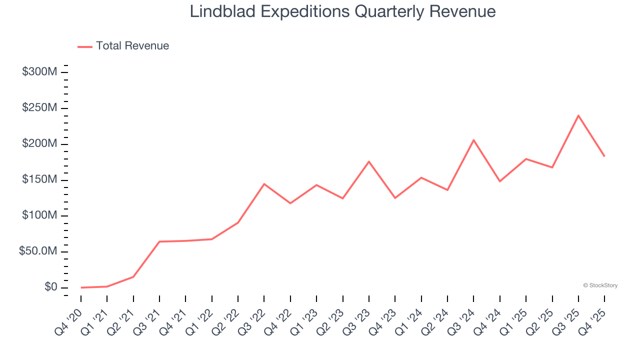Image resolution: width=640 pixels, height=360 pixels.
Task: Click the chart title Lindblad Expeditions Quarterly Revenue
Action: [x=342, y=11]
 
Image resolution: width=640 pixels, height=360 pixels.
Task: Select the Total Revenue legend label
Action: [x=132, y=46]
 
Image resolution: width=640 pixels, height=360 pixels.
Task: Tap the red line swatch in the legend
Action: [x=85, y=46]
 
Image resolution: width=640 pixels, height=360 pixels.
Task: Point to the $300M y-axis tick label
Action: [x=39, y=72]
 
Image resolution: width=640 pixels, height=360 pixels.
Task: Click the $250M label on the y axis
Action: [x=39, y=108]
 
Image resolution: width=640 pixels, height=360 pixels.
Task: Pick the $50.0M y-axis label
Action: [x=38, y=251]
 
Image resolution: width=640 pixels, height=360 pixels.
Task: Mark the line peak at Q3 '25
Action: [x=578, y=115]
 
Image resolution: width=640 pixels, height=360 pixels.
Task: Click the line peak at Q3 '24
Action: [x=473, y=140]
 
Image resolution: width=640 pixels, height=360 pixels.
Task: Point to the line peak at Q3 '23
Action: [x=369, y=161]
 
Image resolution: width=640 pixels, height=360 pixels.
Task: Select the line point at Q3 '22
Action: [x=264, y=184]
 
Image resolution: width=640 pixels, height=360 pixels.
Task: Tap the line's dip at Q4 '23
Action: [x=395, y=198]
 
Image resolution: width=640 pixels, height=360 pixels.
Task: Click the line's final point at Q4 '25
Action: [x=604, y=156]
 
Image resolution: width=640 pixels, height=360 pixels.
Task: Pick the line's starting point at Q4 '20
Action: [x=81, y=287]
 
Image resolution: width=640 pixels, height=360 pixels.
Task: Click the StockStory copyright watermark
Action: [x=600, y=285]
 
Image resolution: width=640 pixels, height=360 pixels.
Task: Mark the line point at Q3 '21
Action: [x=159, y=241]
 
